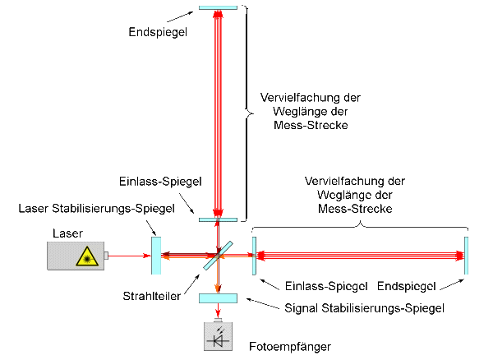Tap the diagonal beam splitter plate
219,256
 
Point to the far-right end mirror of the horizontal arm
467,256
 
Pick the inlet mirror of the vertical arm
218,219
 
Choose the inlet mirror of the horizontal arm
254,256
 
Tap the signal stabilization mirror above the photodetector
218,297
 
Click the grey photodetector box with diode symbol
218,335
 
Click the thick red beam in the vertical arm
218,115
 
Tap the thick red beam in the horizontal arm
362,256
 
